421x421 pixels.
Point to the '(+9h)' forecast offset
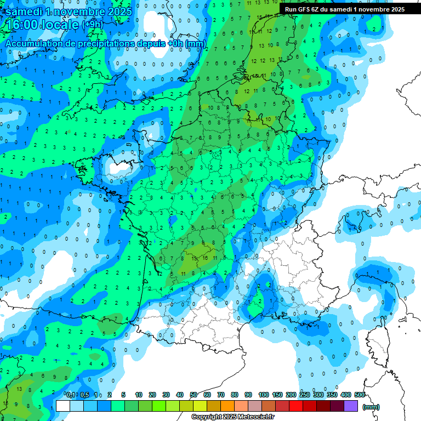(93, 25)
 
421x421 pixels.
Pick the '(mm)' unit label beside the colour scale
(371, 407)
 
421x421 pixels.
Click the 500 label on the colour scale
(360, 395)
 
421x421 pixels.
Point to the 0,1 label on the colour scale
(71, 395)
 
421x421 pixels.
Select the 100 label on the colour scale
(264, 395)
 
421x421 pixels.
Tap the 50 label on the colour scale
(194, 395)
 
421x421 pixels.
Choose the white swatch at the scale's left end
(63, 406)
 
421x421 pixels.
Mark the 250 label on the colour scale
(305, 395)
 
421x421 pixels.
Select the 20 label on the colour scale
(152, 395)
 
